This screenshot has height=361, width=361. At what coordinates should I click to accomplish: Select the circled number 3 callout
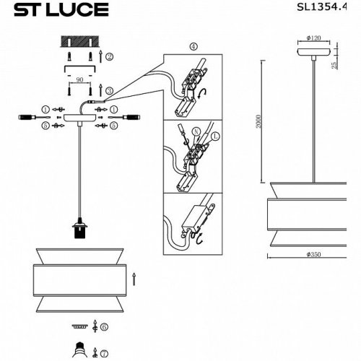[108, 90]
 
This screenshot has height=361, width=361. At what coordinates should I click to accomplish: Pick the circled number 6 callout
[105, 327]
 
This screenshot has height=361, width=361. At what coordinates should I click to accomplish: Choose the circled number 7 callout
[105, 352]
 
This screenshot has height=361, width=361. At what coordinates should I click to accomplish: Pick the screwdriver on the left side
[27, 116]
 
